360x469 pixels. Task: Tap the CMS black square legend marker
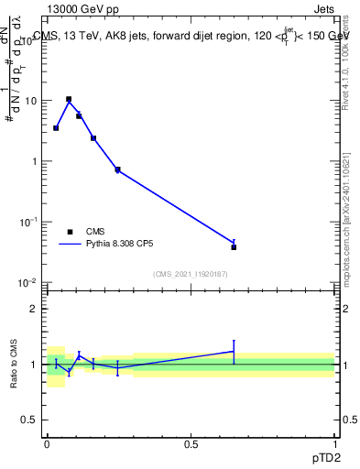[x=70, y=232]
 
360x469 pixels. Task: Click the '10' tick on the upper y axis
[x=32, y=101]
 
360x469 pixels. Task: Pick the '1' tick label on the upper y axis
[x=35, y=161]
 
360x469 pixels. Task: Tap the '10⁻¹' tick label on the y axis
[x=30, y=222]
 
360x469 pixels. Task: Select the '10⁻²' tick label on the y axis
[x=30, y=282]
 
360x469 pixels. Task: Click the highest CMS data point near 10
[x=69, y=99]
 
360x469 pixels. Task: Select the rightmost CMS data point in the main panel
[x=234, y=247]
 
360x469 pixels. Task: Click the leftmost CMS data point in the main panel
[x=56, y=128]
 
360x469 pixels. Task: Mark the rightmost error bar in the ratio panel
[x=234, y=352]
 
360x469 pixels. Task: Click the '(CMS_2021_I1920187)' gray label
[x=191, y=273]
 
